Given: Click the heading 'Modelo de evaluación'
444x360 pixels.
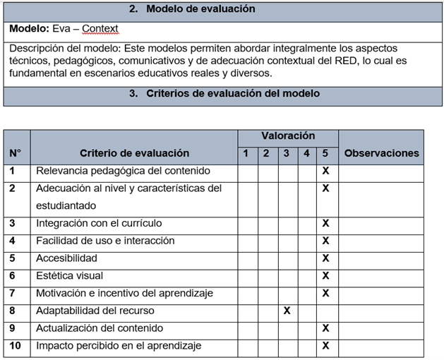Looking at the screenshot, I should [200, 9].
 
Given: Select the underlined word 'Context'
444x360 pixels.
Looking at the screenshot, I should [100, 29].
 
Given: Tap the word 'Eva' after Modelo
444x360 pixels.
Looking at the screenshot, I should [63, 29].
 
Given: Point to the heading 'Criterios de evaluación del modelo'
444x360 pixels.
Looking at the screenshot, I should [232, 93].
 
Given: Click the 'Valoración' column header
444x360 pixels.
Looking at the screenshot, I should [288, 136].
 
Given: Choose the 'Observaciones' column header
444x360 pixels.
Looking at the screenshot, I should [381, 152].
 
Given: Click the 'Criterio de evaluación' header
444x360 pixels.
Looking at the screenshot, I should [134, 152].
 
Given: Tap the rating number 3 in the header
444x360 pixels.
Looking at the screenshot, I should [286, 153].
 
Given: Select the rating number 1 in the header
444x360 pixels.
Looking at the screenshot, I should [246, 153].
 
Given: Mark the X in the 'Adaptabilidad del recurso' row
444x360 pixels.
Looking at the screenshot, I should [286, 311].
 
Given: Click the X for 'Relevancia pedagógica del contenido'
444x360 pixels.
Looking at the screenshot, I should [325, 171].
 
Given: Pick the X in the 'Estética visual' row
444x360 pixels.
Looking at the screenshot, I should [325, 275].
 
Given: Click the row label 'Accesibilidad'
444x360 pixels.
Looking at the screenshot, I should [66, 258].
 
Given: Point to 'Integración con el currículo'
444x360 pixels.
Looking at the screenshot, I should [99, 223].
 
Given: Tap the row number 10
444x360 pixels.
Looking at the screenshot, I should [16, 345].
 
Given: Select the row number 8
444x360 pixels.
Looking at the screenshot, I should [13, 311].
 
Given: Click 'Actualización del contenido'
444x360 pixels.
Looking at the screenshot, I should [99, 328].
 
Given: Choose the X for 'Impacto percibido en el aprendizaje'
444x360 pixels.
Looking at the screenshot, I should [325, 346].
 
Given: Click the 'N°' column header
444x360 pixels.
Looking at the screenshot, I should [16, 152].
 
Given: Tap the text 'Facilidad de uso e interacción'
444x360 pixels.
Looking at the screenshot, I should [105, 241].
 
